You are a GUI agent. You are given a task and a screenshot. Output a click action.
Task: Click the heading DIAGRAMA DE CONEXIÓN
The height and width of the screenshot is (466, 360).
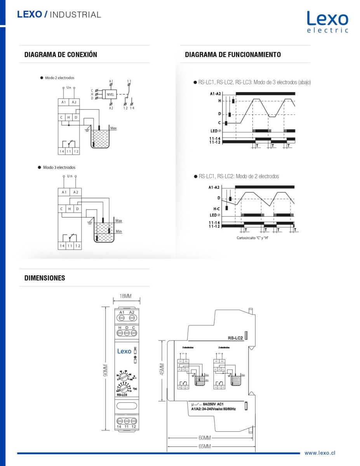pos(61,55)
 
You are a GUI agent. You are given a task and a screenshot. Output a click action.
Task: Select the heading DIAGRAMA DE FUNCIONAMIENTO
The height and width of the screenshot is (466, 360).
pos(233,55)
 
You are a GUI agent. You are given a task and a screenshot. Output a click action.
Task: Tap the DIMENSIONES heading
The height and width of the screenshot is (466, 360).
pos(45,278)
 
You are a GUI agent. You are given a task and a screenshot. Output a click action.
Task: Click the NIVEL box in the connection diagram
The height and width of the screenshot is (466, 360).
pos(110,94)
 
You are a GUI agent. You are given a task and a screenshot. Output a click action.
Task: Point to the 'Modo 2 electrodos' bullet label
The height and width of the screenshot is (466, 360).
pos(59,78)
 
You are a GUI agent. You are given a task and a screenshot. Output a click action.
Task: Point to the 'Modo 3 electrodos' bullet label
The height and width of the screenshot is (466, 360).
pos(59,167)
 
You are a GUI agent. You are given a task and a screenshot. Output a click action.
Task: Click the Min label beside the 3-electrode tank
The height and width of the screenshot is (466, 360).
pos(119,231)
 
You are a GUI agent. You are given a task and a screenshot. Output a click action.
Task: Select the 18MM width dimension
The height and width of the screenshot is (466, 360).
pos(125,296)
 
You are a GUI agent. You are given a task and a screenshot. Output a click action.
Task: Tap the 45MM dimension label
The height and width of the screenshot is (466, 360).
pos(162,369)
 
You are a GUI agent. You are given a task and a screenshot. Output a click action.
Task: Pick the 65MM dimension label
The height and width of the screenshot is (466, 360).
pos(204,446)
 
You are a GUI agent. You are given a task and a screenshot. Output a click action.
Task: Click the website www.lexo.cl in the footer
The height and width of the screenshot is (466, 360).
pos(320,453)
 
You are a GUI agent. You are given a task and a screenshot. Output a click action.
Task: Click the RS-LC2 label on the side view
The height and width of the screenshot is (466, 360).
pos(235,338)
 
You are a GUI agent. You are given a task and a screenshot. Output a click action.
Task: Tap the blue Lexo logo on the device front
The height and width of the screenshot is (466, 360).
pos(124,351)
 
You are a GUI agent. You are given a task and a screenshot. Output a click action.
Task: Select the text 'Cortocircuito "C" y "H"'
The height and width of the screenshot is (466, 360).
pos(253,238)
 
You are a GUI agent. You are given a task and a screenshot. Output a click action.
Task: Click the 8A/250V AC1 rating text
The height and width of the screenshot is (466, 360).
pos(213,404)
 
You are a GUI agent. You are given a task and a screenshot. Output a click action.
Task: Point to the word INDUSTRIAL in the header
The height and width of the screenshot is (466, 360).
pos(75,15)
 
